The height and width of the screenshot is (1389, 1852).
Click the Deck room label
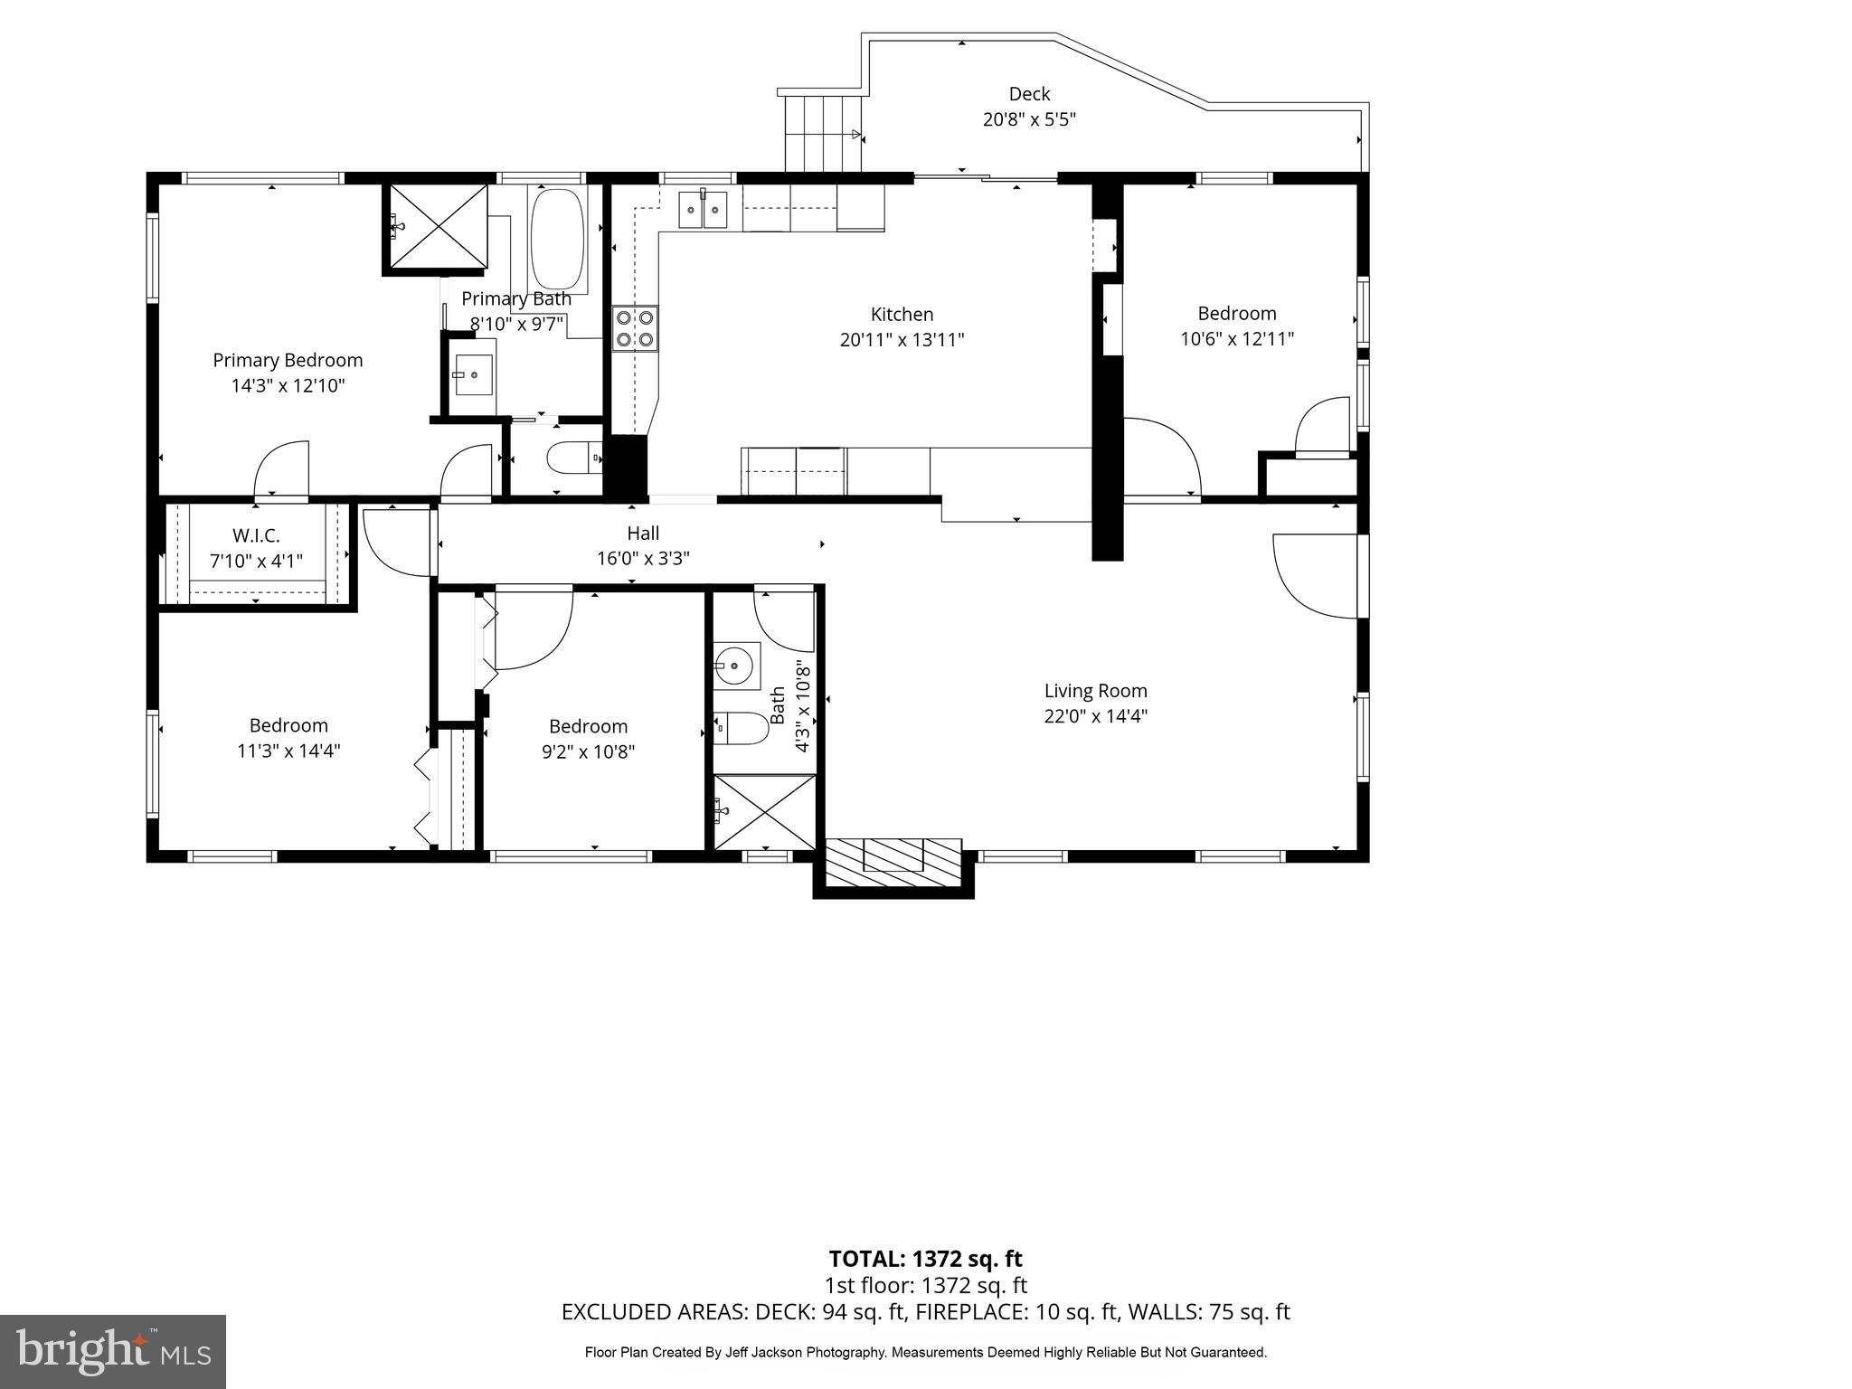(x=1029, y=94)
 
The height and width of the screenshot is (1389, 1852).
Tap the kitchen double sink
(x=704, y=211)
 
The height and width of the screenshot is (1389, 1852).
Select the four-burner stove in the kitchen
(x=635, y=329)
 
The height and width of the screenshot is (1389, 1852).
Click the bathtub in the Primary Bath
(x=556, y=238)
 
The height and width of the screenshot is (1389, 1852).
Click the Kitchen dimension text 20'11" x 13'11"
(x=902, y=340)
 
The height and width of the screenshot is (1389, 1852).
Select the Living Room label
(x=1095, y=691)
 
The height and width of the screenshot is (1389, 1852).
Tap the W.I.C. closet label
(x=256, y=535)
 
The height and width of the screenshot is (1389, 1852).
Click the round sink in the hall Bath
(x=734, y=667)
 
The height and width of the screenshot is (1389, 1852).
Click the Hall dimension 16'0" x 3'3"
(x=643, y=559)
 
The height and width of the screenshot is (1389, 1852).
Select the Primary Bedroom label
(x=288, y=360)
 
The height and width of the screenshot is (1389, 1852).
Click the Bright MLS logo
(x=113, y=1352)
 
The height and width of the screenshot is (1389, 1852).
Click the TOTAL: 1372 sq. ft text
(x=925, y=1259)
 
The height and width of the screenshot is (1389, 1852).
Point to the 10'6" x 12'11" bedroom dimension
(x=1236, y=339)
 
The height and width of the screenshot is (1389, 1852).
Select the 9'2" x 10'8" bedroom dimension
(x=588, y=751)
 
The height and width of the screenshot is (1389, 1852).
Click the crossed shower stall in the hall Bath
(x=765, y=811)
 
